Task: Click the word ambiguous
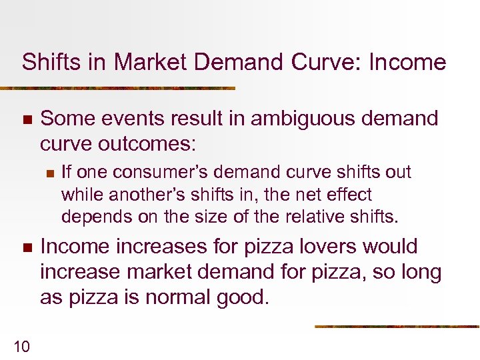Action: pos(301,119)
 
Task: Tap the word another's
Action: pos(147,195)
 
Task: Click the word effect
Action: pos(349,195)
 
